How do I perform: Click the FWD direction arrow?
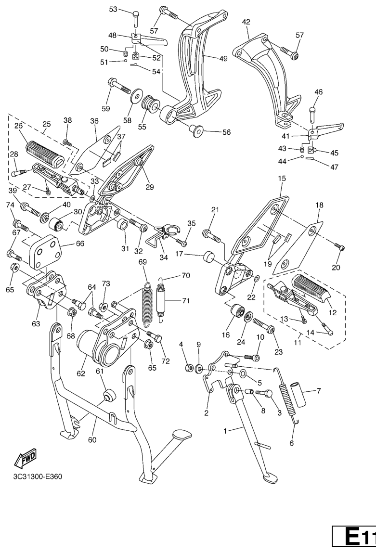pos(25,457)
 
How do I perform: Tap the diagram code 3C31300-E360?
pos(38,476)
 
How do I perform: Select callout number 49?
pos(223,59)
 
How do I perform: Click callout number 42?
pos(246,22)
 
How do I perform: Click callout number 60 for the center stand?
pos(92,440)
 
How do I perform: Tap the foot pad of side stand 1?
pos(270,478)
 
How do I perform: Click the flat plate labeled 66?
pos(46,252)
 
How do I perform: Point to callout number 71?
pos(186,300)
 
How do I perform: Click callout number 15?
pos(282,179)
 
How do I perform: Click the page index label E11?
pos(354,539)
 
